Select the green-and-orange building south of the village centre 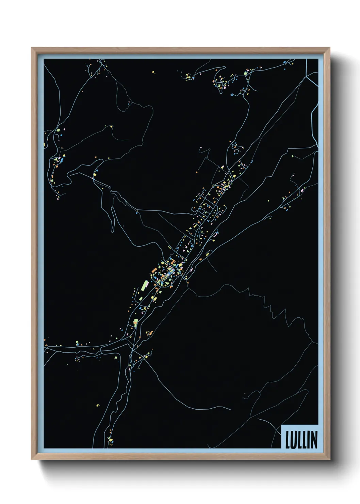(135, 322)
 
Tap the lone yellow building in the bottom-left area (98, 405)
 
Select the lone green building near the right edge (292, 156)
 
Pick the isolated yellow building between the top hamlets (153, 72)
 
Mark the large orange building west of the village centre (153, 269)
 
